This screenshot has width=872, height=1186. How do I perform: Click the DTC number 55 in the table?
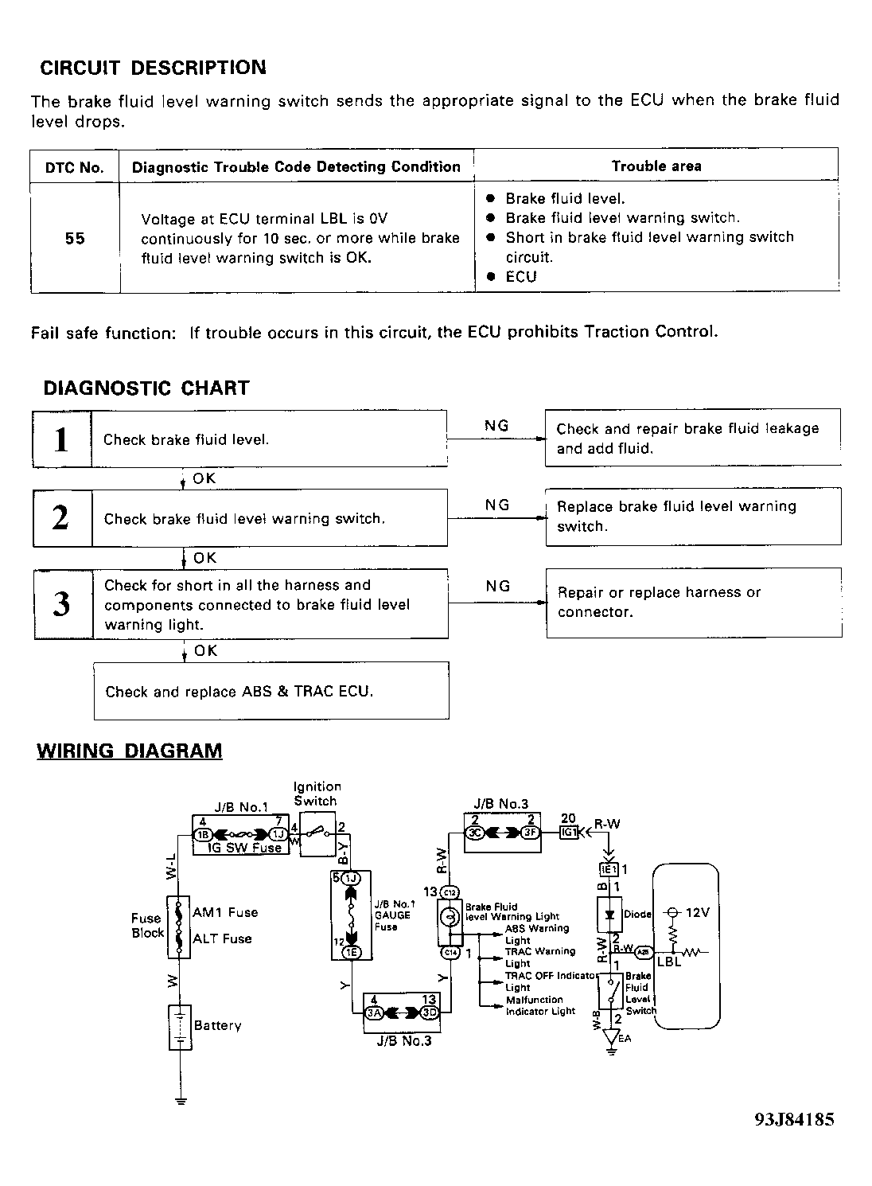(75, 239)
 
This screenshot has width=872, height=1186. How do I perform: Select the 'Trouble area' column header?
(656, 166)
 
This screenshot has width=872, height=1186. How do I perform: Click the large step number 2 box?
(61, 518)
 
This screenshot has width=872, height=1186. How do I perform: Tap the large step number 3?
(61, 604)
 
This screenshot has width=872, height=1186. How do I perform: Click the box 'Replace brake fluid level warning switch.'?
(692, 517)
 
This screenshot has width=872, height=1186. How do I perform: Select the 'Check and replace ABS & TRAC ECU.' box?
(271, 691)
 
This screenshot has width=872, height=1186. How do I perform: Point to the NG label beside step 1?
(496, 426)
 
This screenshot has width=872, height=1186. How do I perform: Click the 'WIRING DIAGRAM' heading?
(130, 751)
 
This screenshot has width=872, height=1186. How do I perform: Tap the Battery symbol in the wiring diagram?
(181, 1027)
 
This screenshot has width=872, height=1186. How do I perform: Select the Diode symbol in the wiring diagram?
(610, 914)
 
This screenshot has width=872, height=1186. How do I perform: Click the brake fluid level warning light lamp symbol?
(450, 918)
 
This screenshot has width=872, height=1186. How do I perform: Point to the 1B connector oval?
(202, 833)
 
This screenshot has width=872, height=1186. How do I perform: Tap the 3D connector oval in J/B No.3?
(430, 1012)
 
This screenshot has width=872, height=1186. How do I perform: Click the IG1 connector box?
(568, 832)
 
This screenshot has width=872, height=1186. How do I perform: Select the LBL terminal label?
(669, 962)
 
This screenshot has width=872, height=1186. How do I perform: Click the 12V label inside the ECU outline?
(696, 913)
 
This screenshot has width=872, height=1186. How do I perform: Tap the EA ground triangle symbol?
(611, 1037)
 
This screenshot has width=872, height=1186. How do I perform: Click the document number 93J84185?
(794, 1119)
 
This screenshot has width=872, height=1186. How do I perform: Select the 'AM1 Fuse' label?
(225, 912)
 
